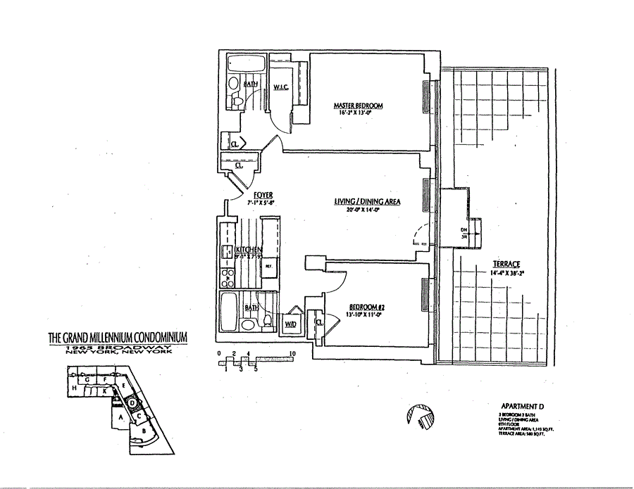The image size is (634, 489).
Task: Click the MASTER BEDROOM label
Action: point(358,106)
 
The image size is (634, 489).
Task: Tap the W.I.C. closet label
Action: point(283,88)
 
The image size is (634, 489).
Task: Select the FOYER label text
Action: point(263,195)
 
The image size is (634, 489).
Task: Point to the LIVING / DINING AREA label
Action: point(367,202)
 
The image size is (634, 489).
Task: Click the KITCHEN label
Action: point(249,250)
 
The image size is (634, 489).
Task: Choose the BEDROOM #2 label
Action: point(366,308)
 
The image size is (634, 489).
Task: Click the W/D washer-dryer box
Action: point(290,324)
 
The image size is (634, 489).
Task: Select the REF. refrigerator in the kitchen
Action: point(268,267)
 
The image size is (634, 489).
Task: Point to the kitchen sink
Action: point(228,251)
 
